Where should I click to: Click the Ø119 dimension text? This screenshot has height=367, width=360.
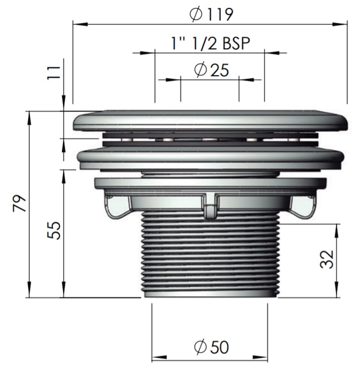tap(211, 14)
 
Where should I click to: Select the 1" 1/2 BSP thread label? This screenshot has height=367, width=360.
tap(211, 43)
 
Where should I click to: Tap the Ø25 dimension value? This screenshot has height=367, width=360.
tap(212, 70)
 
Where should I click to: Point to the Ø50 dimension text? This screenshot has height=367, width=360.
tap(212, 347)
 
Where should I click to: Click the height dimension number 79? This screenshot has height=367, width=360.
tap(19, 203)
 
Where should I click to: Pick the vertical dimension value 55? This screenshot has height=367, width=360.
tap(54, 231)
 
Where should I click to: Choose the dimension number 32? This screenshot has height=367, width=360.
tap(326, 259)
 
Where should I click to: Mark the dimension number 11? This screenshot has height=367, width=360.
tap(53, 73)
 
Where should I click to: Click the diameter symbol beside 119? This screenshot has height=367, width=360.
tap(196, 14)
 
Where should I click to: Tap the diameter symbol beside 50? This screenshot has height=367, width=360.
tap(200, 347)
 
